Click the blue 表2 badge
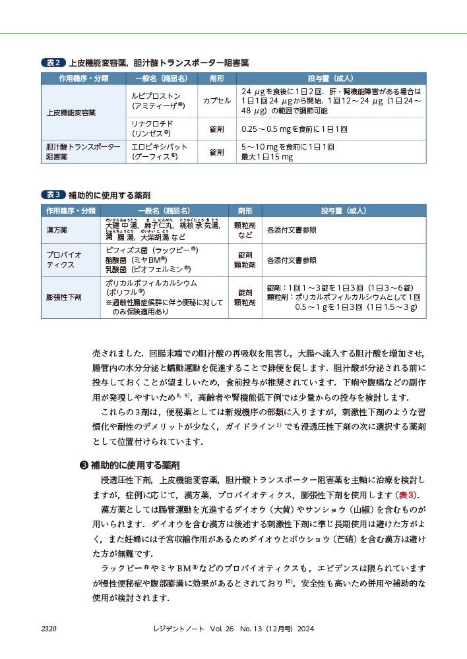(x=53, y=63)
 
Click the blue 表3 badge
(x=53, y=194)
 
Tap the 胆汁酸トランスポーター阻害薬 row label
(x=82, y=152)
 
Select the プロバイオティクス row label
(x=65, y=260)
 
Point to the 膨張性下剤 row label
(x=64, y=297)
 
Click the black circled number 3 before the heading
(x=83, y=464)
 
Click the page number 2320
(x=49, y=629)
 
